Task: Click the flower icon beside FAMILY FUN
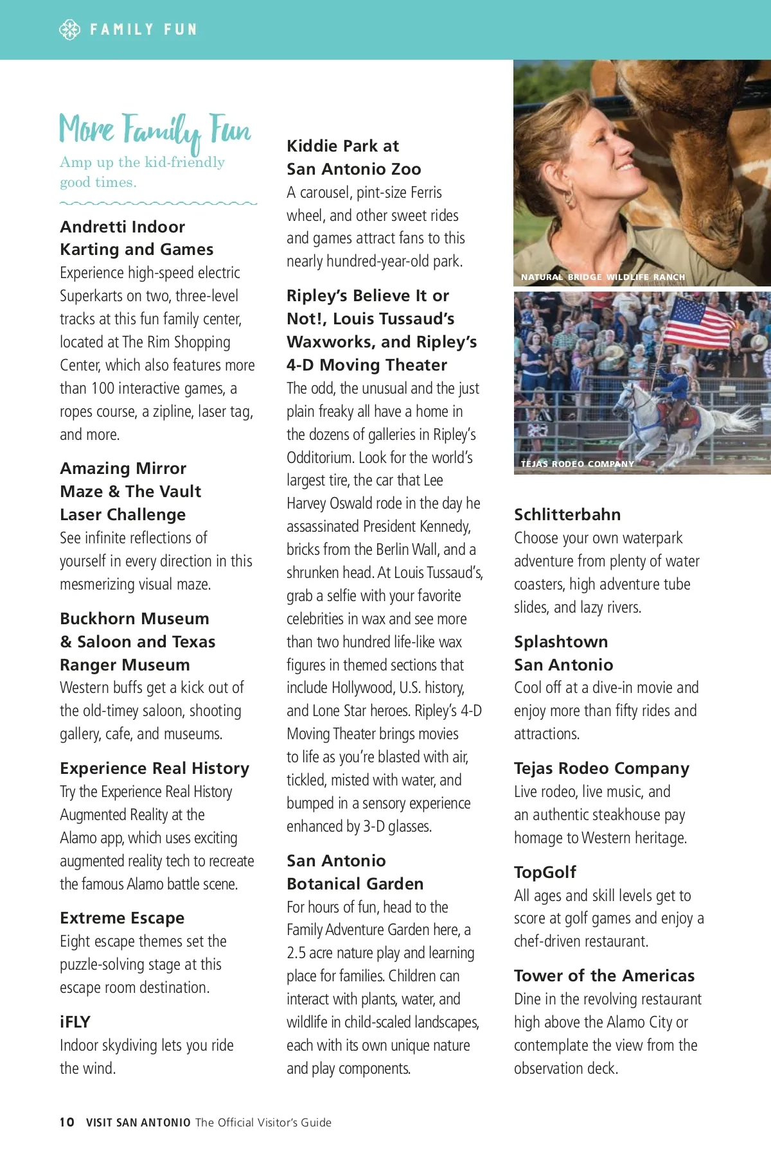[x=69, y=30]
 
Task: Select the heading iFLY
[x=75, y=1022]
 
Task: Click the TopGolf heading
[x=545, y=871]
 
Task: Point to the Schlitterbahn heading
[x=567, y=514]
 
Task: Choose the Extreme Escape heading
[x=122, y=918]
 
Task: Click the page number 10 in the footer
[x=67, y=1122]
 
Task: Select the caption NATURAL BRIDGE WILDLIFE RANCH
[x=603, y=277]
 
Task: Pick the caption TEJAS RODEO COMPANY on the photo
[x=577, y=463]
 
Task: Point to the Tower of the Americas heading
[x=604, y=976]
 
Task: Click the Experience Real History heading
[x=154, y=768]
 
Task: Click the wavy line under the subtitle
[x=158, y=204]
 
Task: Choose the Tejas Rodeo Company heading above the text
[x=601, y=768]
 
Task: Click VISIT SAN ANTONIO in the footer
[x=138, y=1122]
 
